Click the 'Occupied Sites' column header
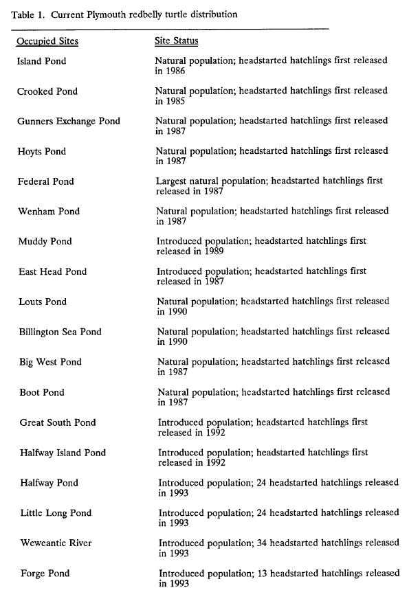click(x=47, y=41)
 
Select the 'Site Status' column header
click(x=177, y=41)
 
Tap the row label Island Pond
click(x=43, y=61)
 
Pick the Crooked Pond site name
click(x=47, y=91)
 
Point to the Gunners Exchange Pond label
click(x=69, y=122)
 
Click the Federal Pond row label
click(x=46, y=181)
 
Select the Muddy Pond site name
click(x=45, y=242)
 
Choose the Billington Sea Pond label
click(x=60, y=332)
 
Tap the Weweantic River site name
click(x=56, y=543)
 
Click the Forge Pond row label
click(x=45, y=574)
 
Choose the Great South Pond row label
click(x=58, y=422)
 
